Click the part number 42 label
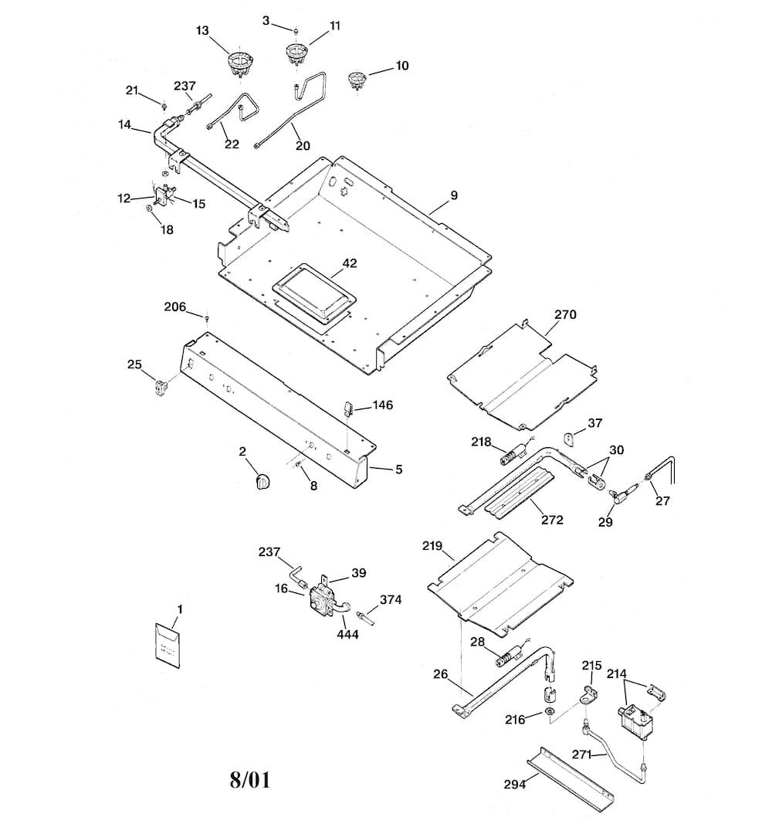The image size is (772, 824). (349, 263)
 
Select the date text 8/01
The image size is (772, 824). (250, 778)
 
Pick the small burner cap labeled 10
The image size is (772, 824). (357, 80)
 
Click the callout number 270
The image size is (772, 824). (565, 314)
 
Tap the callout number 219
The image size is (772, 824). (432, 545)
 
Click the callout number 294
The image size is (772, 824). (515, 784)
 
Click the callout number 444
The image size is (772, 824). (347, 634)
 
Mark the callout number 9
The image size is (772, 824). (454, 195)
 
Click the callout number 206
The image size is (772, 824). (175, 307)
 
